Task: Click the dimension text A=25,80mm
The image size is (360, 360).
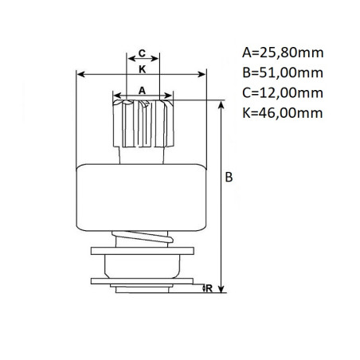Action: [283, 53]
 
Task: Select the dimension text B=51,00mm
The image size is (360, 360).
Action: [283, 72]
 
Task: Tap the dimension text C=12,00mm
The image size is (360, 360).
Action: [283, 93]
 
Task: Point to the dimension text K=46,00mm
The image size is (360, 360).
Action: [283, 113]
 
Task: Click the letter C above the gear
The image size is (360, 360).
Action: [143, 53]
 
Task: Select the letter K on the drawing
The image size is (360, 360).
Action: [143, 69]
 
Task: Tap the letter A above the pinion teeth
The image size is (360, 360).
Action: [143, 91]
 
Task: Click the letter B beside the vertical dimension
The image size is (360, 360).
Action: [229, 177]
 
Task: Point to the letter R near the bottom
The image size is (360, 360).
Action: [209, 288]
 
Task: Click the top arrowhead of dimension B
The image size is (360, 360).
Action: [221, 104]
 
